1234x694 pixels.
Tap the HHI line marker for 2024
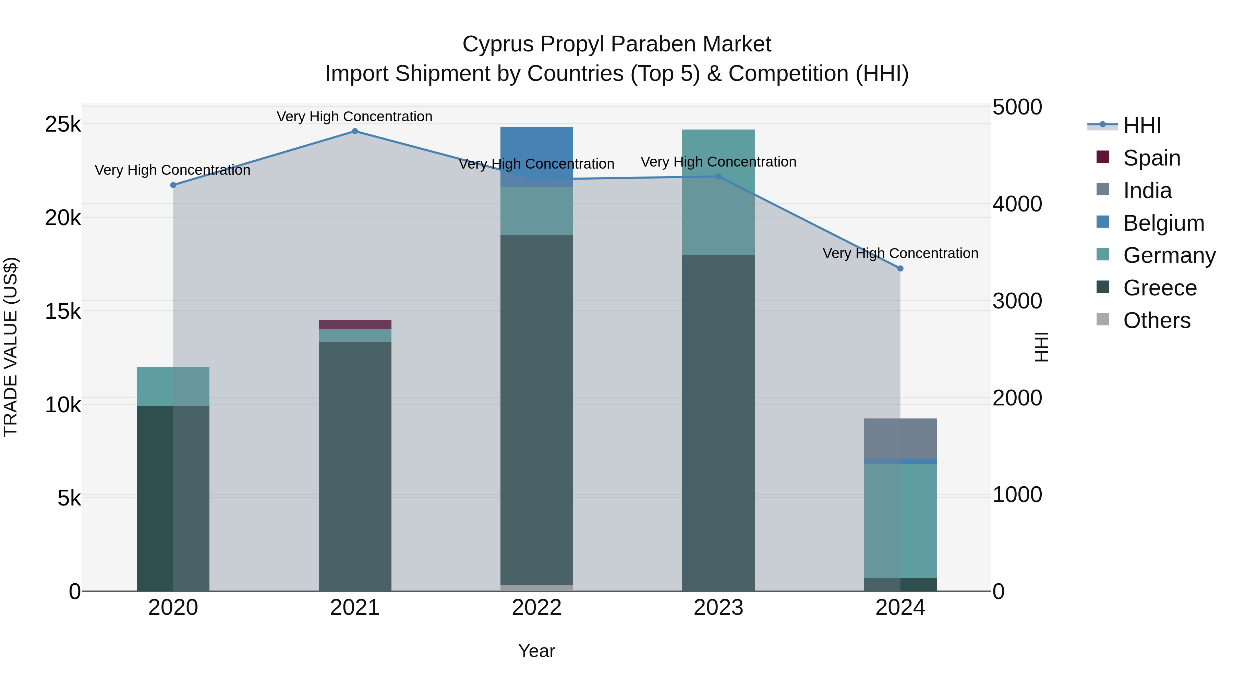[x=900, y=269]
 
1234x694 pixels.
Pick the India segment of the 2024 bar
[x=900, y=439]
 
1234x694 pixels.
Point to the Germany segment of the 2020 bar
[x=173, y=386]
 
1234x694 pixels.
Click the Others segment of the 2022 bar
[x=536, y=588]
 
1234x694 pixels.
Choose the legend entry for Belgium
[x=1163, y=223]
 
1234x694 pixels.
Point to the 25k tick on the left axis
[x=63, y=124]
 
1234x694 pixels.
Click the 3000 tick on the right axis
[x=1017, y=301]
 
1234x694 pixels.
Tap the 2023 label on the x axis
[x=718, y=608]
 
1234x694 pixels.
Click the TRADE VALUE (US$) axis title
[x=11, y=347]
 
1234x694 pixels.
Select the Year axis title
[x=536, y=651]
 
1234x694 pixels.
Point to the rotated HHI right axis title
[x=1041, y=347]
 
